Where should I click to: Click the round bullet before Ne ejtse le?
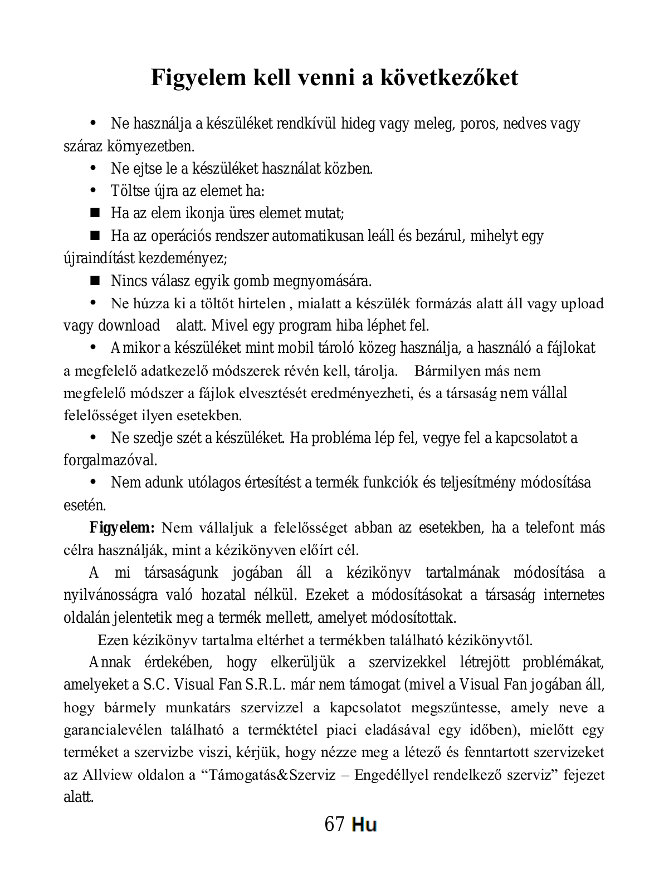tap(94, 167)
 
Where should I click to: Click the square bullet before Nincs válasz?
tap(94, 279)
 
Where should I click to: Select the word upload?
tap(582, 303)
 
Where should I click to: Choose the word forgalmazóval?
tap(110, 460)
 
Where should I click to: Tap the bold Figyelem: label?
tap(122, 527)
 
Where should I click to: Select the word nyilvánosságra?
tap(110, 595)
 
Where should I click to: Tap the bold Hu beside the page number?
tap(364, 824)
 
